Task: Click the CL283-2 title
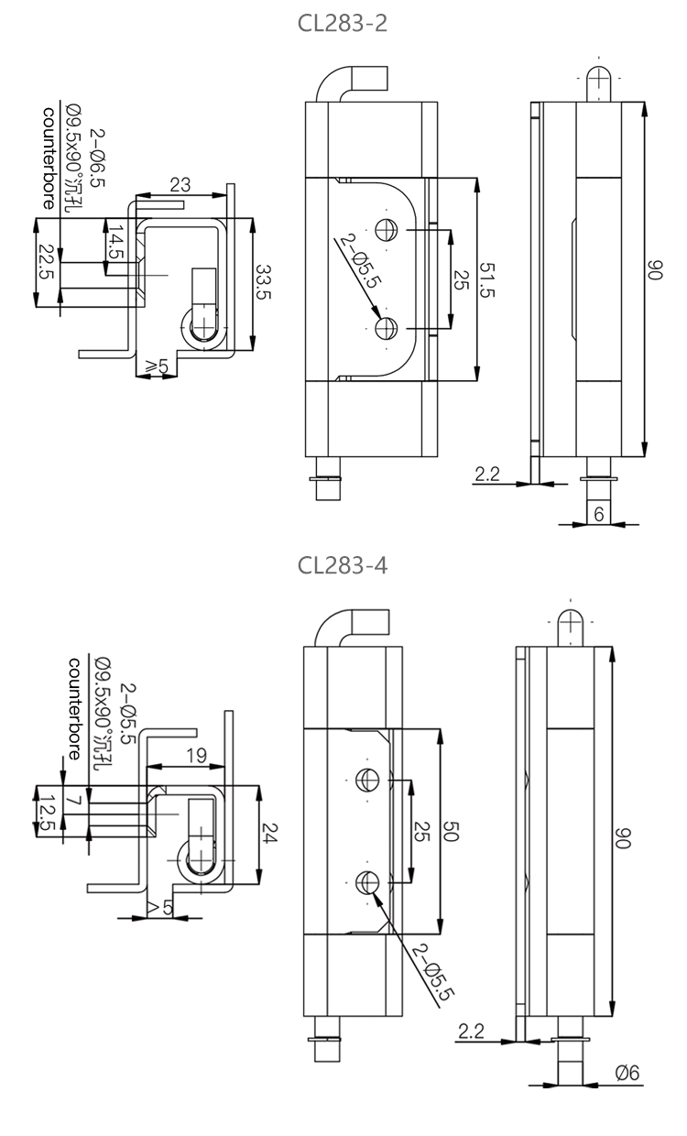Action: tap(343, 23)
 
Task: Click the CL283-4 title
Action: tap(343, 565)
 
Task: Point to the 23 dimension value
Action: tap(180, 184)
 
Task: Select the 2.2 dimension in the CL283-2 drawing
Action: tap(487, 474)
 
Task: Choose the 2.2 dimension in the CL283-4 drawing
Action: tap(471, 1032)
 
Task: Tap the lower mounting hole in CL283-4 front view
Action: tap(368, 882)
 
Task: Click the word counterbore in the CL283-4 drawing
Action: tap(74, 704)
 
